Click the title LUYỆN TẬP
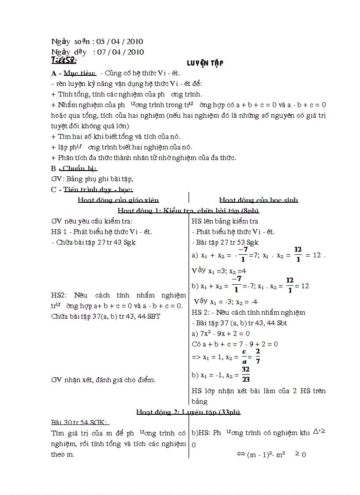[205, 63]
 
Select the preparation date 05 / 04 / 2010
[120, 41]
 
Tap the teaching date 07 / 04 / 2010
[120, 52]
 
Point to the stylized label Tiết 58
[64, 60]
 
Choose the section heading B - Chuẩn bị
[74, 168]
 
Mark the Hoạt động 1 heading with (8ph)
[188, 210]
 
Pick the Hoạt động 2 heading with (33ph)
[188, 412]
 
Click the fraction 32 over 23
[246, 374]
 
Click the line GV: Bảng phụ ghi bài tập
[92, 179]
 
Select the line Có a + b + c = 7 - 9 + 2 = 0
[235, 344]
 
